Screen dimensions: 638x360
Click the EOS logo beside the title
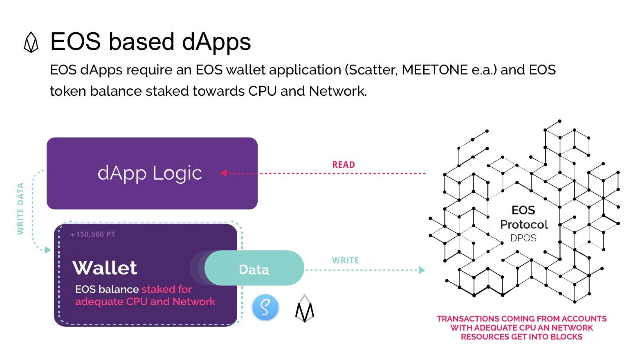click(x=31, y=42)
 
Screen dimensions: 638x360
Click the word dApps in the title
click(x=216, y=42)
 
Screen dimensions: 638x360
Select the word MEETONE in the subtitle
click(x=435, y=70)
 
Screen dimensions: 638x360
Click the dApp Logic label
click(x=150, y=173)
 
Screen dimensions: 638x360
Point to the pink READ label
click(x=344, y=164)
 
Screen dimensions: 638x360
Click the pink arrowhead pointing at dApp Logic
click(x=224, y=173)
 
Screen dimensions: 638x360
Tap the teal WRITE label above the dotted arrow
click(x=346, y=260)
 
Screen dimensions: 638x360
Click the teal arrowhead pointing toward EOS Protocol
click(x=422, y=270)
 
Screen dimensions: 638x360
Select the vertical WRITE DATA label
click(x=20, y=209)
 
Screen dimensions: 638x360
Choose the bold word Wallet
click(x=105, y=268)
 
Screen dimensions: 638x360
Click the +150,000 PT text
click(x=92, y=234)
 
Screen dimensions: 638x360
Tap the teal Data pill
click(x=254, y=268)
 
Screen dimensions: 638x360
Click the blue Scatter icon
click(x=265, y=308)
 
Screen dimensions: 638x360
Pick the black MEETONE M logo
click(x=304, y=309)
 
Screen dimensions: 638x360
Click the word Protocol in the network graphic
click(x=524, y=225)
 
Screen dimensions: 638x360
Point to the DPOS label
click(x=523, y=238)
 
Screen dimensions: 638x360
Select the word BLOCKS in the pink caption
click(x=566, y=337)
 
